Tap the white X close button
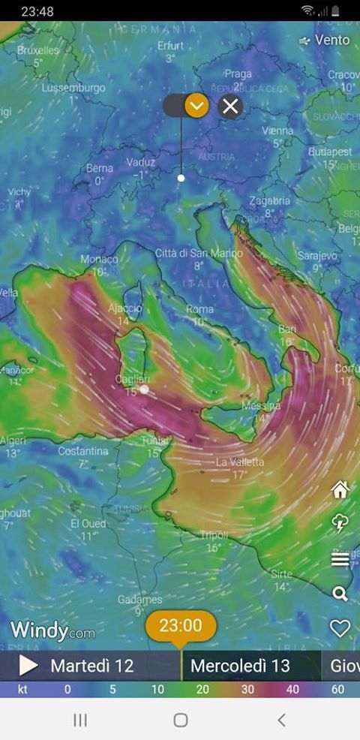(x=230, y=106)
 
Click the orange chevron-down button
(x=196, y=106)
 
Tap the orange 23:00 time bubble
(x=181, y=625)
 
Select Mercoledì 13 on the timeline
(x=240, y=666)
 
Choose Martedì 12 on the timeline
(x=91, y=666)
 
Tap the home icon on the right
(x=340, y=490)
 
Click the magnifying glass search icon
(x=340, y=594)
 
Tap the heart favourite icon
(x=340, y=628)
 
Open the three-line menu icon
(x=340, y=559)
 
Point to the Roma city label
(x=199, y=309)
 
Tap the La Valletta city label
(x=240, y=462)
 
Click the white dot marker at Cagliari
(x=144, y=390)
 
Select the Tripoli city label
(x=214, y=535)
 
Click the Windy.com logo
(x=52, y=630)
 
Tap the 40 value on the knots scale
(x=293, y=689)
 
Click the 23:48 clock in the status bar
(x=37, y=11)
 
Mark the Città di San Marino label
(x=199, y=254)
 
